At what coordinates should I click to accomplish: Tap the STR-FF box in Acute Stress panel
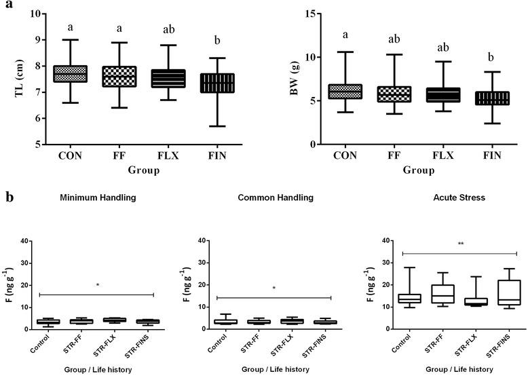[x=428, y=294]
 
